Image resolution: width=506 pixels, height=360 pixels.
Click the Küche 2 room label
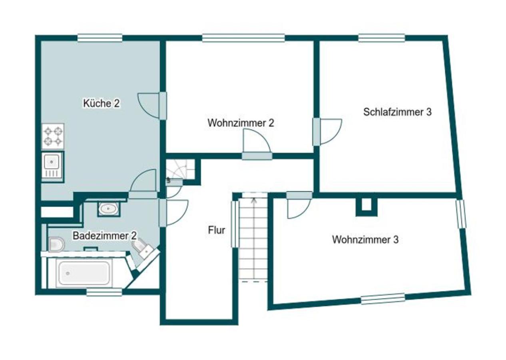click(x=102, y=103)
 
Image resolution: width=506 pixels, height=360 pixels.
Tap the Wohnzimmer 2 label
click(x=241, y=123)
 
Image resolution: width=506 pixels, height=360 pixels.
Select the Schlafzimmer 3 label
click(x=397, y=112)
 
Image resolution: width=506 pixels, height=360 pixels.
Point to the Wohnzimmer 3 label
click(x=365, y=240)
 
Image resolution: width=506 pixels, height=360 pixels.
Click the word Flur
click(x=216, y=230)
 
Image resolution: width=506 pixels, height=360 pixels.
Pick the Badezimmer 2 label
click(x=105, y=236)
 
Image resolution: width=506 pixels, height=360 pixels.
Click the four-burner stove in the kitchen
click(x=53, y=136)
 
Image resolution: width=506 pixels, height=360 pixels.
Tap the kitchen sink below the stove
click(x=53, y=167)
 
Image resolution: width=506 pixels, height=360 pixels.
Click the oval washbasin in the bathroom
click(x=108, y=209)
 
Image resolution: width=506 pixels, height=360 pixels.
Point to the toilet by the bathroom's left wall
click(x=56, y=244)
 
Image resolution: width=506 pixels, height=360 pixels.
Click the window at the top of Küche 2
click(x=100, y=38)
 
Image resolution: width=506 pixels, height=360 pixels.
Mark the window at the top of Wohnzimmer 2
click(x=243, y=38)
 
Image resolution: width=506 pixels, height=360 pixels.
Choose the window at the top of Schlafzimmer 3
click(x=382, y=38)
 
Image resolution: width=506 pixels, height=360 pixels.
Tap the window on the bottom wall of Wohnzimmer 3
click(x=382, y=298)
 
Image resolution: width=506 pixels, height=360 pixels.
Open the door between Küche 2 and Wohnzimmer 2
click(x=163, y=106)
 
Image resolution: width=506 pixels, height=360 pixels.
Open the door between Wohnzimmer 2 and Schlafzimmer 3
click(x=317, y=132)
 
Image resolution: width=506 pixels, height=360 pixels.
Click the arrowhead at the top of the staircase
click(x=254, y=200)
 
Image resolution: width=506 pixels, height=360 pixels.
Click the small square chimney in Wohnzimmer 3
click(x=367, y=206)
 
